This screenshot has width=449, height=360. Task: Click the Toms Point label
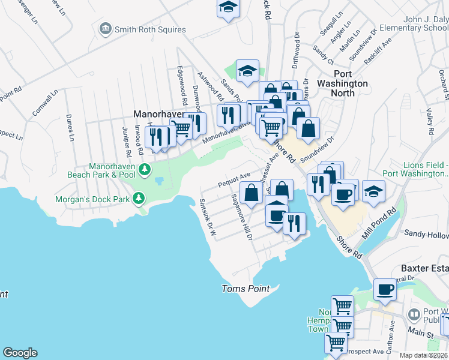(x=246, y=289)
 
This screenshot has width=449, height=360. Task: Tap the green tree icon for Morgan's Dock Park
(x=139, y=197)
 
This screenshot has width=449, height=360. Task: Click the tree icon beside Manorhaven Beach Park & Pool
(x=144, y=170)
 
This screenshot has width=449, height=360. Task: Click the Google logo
(x=20, y=353)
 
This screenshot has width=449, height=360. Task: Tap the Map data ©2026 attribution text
(x=423, y=355)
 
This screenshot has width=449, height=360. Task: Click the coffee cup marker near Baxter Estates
(x=385, y=290)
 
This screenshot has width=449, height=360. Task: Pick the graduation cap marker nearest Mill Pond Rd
(x=373, y=191)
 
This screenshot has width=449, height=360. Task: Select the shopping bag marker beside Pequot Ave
(x=252, y=193)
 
